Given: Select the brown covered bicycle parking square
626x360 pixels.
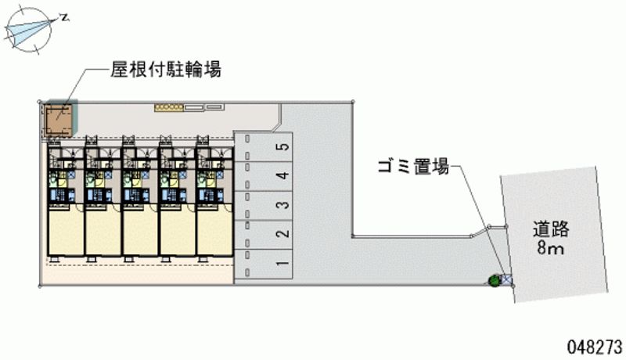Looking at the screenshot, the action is pyautogui.click(x=59, y=120).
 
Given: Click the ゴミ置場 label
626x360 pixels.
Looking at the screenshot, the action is pyautogui.click(x=412, y=166).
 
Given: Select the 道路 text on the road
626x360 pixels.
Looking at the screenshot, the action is pyautogui.click(x=552, y=229).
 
